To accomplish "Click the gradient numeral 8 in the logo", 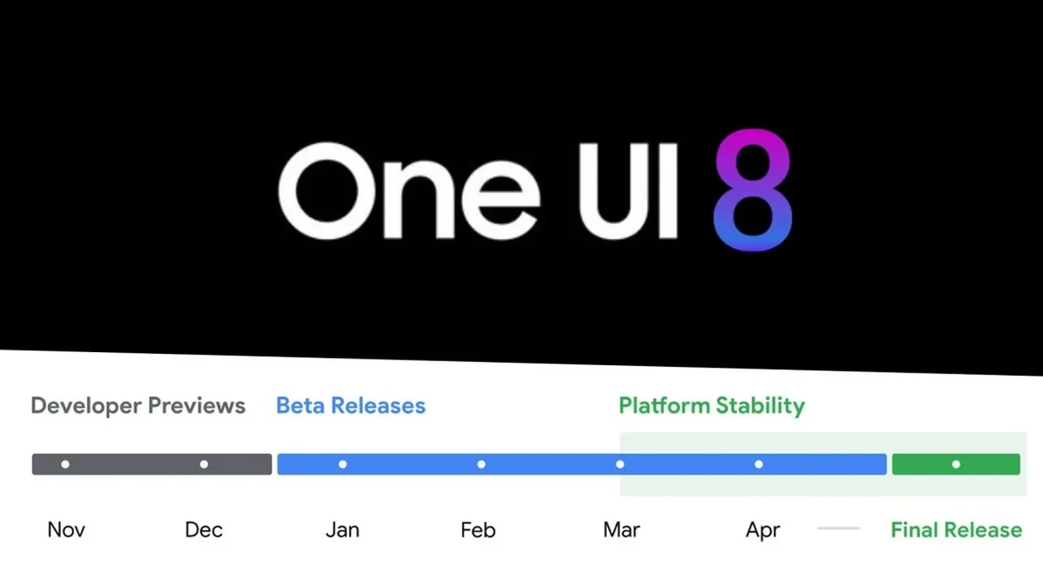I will [x=752, y=189].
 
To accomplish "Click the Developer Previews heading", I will [x=138, y=405].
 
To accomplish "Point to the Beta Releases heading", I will [x=350, y=405].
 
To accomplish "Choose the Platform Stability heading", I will [x=711, y=405].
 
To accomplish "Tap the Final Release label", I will [x=956, y=530].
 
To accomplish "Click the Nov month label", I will [x=66, y=530].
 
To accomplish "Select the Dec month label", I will [x=204, y=530].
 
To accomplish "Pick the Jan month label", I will [x=342, y=530].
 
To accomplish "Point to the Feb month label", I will [x=478, y=530].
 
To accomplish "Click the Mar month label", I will [x=621, y=530].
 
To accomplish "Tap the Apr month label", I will [x=763, y=531].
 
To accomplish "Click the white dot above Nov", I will [x=65, y=465].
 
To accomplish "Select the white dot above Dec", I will [x=204, y=465].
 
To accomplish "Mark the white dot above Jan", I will [x=342, y=465].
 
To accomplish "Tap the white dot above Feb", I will [x=482, y=465].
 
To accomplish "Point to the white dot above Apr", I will [x=759, y=465].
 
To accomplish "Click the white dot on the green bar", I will [x=956, y=465].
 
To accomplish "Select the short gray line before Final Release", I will [x=838, y=528].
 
